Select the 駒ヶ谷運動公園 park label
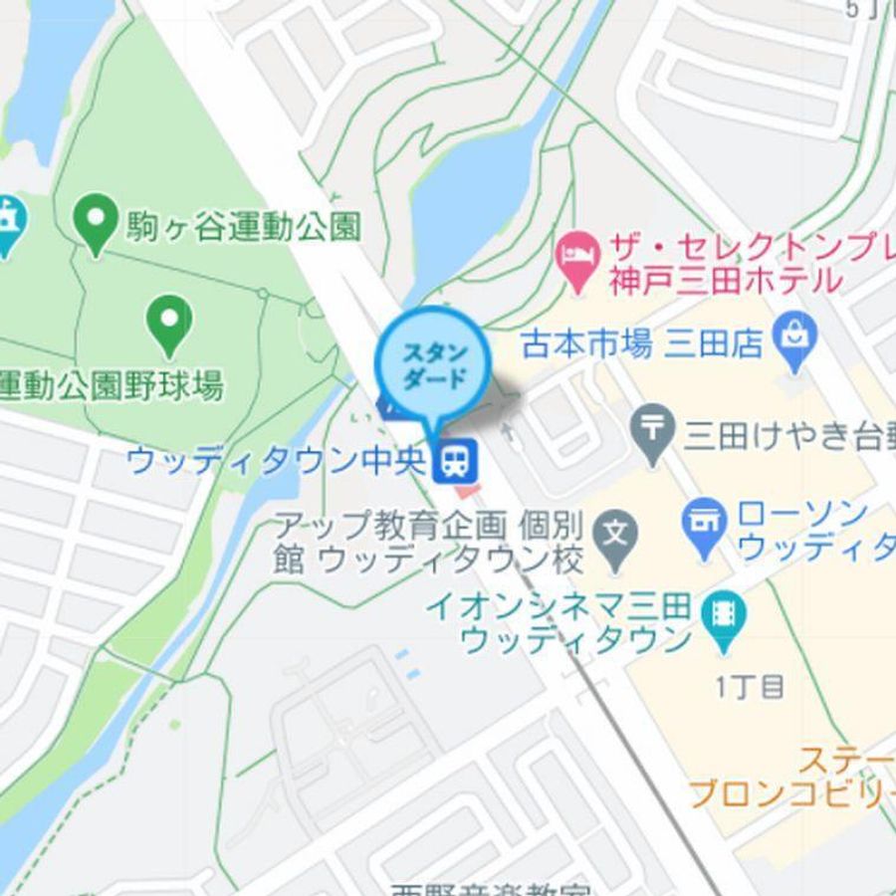(x=242, y=229)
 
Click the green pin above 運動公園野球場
(x=169, y=324)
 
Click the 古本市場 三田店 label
(x=642, y=344)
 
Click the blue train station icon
(x=457, y=459)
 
